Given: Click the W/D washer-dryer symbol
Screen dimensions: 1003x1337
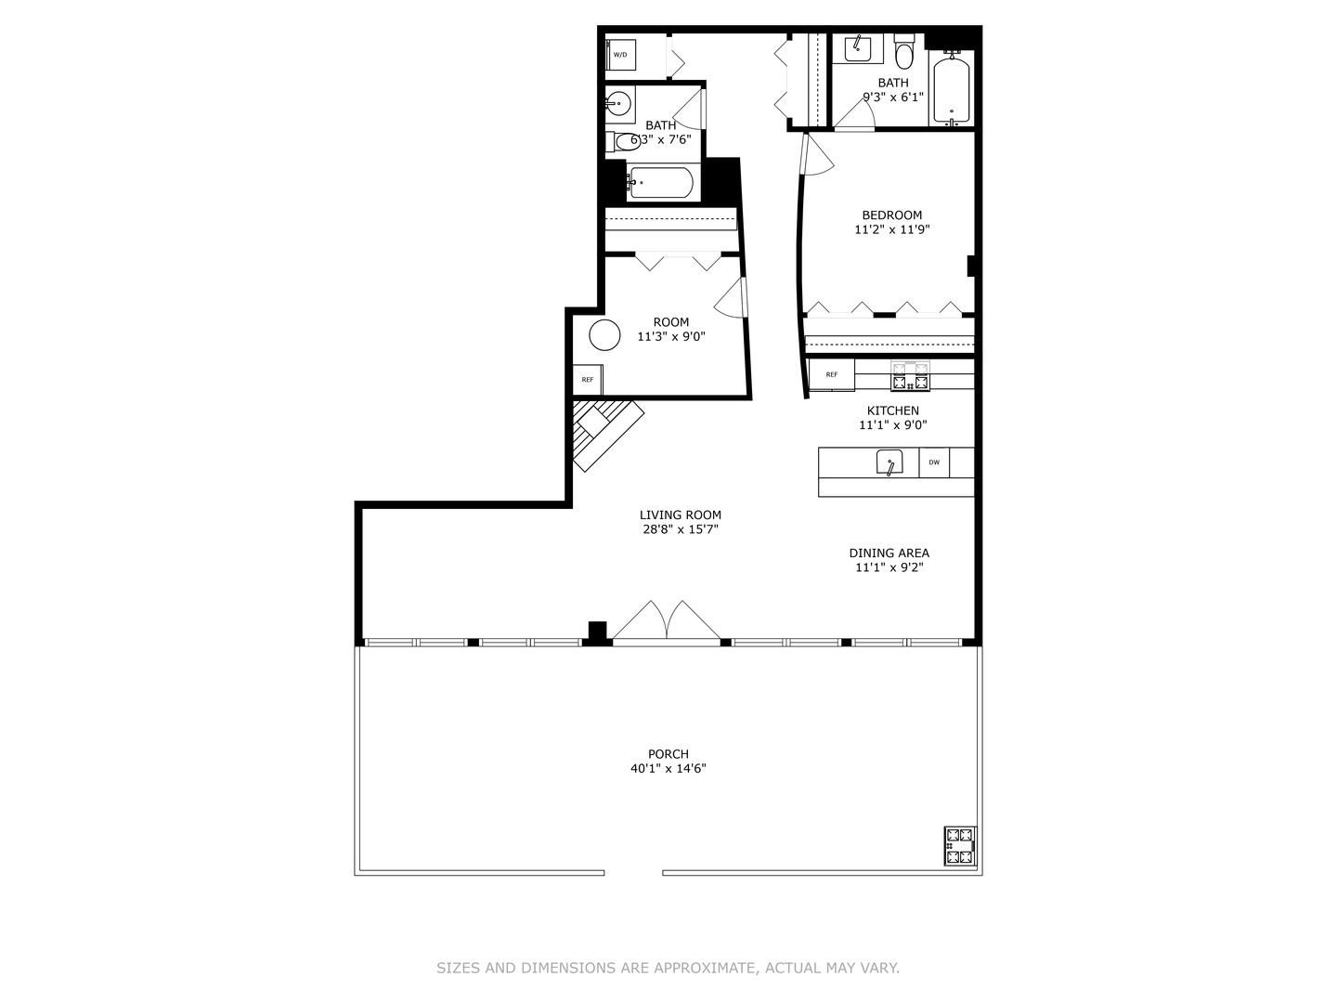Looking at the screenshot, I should click(x=620, y=55).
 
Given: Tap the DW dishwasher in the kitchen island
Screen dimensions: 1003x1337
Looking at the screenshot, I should click(x=934, y=462).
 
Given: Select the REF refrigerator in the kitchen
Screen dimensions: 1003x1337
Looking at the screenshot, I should click(x=831, y=374).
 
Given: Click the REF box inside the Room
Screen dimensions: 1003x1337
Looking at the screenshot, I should click(x=588, y=380).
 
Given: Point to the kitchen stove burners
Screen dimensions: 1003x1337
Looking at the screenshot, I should click(x=910, y=376).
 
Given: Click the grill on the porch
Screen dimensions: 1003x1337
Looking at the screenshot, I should click(x=960, y=845).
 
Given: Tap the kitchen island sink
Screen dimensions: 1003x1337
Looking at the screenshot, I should click(x=889, y=462).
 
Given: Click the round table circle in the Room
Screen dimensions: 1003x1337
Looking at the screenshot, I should click(x=604, y=335).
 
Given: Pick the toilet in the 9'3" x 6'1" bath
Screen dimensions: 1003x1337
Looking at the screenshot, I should click(x=904, y=53).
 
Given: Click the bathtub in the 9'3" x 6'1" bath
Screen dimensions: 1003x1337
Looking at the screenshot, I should click(x=951, y=91).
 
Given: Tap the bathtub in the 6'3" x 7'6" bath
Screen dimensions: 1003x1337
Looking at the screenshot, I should click(x=660, y=183).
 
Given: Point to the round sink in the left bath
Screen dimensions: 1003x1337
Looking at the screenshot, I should click(x=619, y=102).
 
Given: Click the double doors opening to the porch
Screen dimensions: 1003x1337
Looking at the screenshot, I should click(x=667, y=621).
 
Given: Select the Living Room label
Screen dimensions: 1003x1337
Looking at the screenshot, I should click(x=680, y=515).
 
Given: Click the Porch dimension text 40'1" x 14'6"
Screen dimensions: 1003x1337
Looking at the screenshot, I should click(x=668, y=769).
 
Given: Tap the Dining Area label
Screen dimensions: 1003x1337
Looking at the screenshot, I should click(x=889, y=553).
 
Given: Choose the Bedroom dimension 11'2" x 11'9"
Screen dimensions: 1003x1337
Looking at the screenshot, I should click(x=891, y=229).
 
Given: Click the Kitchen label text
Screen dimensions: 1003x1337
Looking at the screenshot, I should click(x=892, y=410).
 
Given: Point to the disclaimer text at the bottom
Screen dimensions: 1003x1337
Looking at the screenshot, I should click(x=668, y=968).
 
